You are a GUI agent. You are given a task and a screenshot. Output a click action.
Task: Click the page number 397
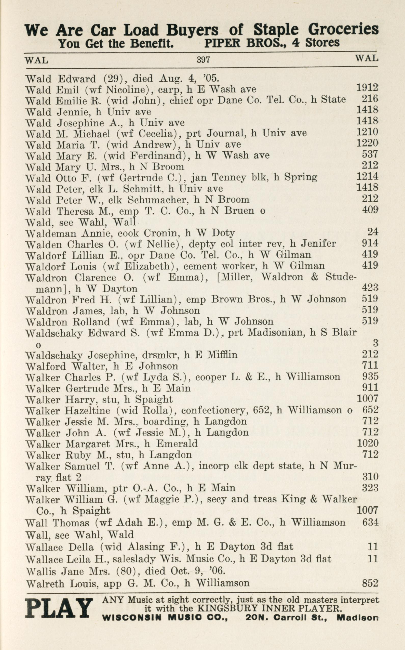tap(203, 59)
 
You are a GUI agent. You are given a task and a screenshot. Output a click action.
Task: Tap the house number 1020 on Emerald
tap(367, 443)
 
